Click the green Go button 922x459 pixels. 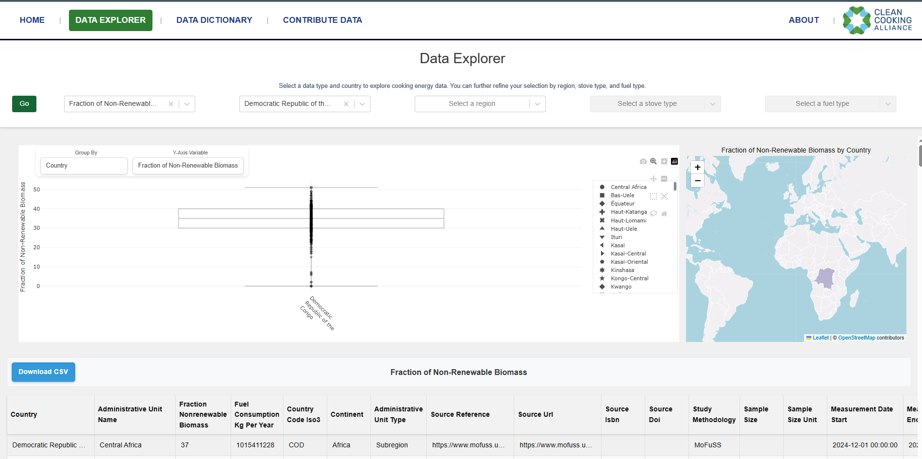[x=24, y=104]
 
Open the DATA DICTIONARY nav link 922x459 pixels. [x=214, y=20]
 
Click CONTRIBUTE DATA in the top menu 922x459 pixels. [x=322, y=20]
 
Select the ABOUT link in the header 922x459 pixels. [x=804, y=20]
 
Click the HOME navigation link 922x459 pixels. [x=32, y=20]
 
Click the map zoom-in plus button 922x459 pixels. [x=697, y=168]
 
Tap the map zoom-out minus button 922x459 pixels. [x=697, y=181]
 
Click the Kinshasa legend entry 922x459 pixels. [x=622, y=270]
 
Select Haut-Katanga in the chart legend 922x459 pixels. [x=628, y=212]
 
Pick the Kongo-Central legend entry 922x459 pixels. [x=629, y=278]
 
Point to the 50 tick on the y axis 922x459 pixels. [x=37, y=189]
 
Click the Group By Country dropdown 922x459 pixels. [x=84, y=166]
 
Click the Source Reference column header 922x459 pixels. [x=460, y=414]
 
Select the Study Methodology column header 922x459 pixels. [x=714, y=414]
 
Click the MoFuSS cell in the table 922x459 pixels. [x=707, y=445]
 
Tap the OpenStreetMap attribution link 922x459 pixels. [x=856, y=338]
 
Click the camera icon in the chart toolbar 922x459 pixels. [x=643, y=161]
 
